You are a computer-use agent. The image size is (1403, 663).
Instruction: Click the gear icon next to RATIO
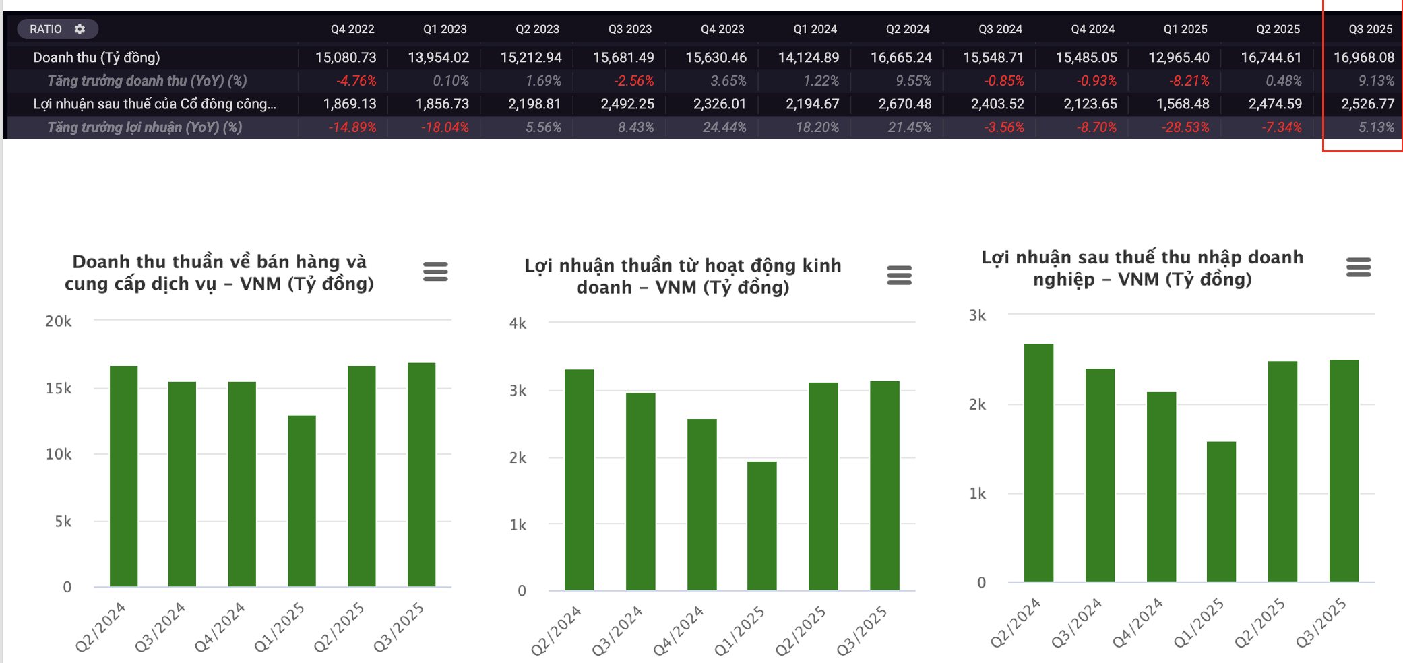[x=80, y=29]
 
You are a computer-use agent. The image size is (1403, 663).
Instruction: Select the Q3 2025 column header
[x=1370, y=29]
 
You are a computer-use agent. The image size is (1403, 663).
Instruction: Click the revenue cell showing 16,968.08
[x=1363, y=57]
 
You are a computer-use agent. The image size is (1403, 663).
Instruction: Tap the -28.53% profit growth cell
[x=1185, y=127]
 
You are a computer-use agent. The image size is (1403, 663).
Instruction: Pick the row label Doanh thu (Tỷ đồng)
[x=96, y=57]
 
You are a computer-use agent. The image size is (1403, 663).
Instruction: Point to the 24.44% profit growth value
[x=724, y=127]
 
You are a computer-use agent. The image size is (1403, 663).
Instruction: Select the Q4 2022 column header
[x=352, y=29]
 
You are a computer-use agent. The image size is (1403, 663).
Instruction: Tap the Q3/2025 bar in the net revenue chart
[x=422, y=474]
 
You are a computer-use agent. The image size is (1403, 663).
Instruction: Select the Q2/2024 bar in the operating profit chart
[x=579, y=480]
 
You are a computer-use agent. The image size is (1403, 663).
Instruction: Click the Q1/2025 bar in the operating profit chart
[x=762, y=526]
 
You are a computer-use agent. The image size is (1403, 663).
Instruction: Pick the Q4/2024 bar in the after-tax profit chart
[x=1161, y=486]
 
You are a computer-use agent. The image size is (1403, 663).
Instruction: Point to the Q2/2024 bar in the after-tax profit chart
[x=1038, y=463]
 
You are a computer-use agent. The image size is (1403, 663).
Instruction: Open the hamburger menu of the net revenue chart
[x=435, y=272]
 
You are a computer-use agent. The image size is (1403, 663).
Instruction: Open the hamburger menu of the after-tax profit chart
[x=1358, y=267]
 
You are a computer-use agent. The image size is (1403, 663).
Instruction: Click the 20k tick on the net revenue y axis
[x=58, y=321]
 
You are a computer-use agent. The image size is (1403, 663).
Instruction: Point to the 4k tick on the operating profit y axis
[x=518, y=323]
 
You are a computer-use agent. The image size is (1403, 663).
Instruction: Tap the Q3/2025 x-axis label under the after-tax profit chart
[x=1321, y=623]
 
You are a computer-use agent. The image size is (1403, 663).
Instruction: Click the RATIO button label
[x=46, y=29]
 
